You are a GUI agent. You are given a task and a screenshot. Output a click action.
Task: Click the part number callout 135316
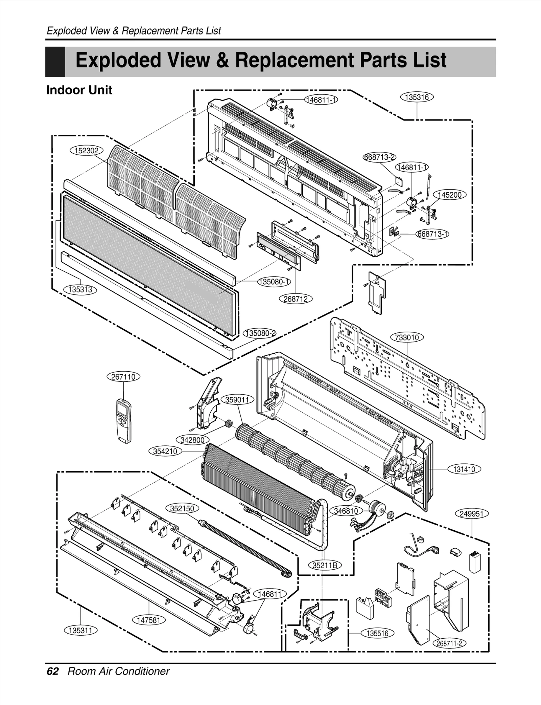(417, 97)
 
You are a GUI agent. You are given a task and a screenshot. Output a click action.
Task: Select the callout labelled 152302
(86, 151)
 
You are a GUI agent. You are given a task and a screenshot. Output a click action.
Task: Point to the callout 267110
(123, 377)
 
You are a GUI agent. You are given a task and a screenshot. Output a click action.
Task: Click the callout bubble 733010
(407, 337)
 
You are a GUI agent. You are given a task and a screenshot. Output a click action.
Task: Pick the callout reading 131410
(464, 469)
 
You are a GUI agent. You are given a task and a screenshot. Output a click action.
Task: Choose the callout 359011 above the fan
(237, 400)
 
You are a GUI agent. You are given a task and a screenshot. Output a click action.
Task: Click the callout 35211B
(325, 565)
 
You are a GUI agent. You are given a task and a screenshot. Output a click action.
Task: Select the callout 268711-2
(449, 643)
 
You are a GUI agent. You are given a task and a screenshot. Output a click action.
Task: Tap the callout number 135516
(377, 633)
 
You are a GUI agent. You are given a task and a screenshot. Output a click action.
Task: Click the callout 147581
(149, 620)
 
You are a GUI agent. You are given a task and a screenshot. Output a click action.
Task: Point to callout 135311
(80, 630)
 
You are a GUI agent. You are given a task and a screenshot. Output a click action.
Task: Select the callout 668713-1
(432, 234)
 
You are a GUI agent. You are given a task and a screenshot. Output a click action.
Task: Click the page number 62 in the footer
(52, 671)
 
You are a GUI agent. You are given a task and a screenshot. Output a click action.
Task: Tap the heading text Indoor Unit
(79, 90)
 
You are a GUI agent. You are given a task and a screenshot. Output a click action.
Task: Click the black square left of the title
(55, 62)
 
